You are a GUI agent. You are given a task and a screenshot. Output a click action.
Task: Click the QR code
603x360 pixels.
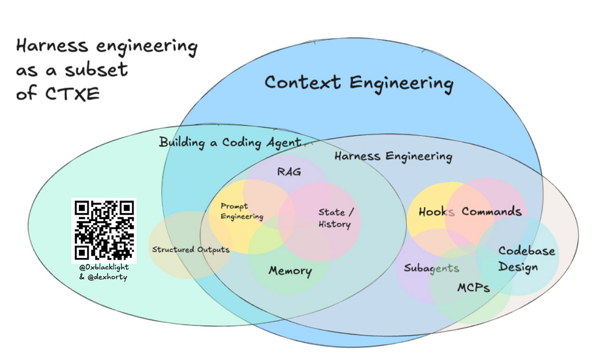[104, 230]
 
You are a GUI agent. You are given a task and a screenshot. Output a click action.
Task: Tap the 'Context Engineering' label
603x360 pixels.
[359, 83]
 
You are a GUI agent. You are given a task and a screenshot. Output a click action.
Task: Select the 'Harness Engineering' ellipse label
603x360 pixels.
[393, 157]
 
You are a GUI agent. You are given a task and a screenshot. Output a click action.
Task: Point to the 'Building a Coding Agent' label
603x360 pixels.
[231, 142]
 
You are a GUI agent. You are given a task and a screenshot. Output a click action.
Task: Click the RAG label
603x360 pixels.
[289, 172]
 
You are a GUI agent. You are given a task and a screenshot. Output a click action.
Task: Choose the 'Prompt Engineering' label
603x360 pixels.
[242, 212]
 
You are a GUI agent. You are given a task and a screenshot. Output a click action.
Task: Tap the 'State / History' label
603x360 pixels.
[336, 218]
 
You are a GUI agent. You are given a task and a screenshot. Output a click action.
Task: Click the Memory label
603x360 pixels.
[290, 271]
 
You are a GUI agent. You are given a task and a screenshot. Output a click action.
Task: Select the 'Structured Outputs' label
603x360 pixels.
[191, 249]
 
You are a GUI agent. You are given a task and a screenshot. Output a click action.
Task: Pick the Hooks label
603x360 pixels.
[436, 212]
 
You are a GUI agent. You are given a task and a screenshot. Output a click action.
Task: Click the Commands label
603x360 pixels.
[491, 211]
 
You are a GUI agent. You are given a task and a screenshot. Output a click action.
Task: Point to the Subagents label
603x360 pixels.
[432, 268]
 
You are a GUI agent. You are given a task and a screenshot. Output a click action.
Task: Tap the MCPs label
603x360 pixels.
[473, 288]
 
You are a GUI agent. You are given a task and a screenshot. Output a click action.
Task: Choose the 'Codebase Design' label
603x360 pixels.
[526, 259]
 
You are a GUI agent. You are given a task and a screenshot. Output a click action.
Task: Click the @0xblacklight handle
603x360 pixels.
[104, 267]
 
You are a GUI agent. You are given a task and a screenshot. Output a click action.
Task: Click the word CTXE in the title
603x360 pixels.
[72, 94]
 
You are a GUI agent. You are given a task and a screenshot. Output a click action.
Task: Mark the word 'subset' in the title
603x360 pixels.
[96, 69]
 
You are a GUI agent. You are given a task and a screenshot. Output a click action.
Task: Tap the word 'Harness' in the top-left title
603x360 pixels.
[52, 46]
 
